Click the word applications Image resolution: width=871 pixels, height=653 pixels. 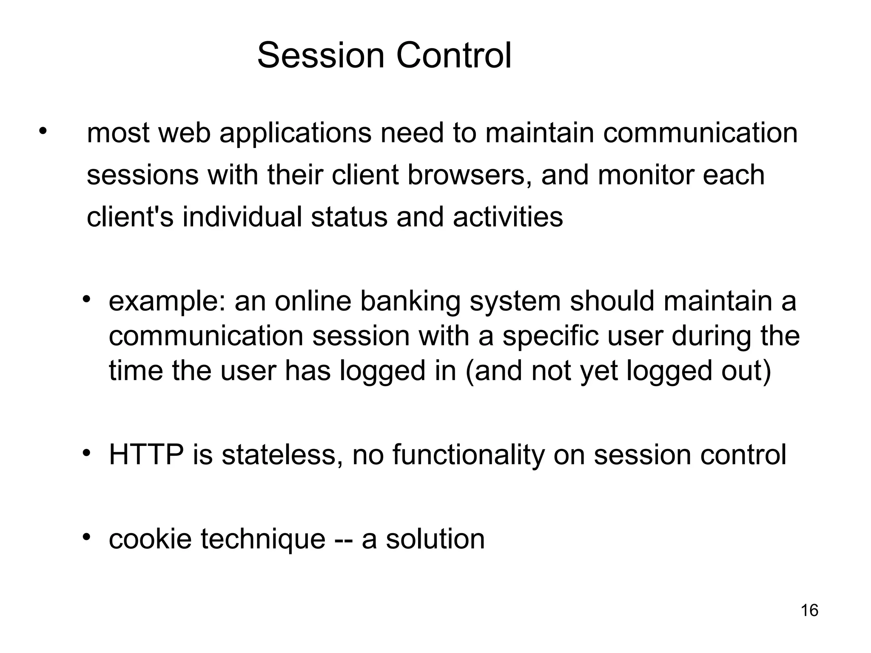[x=295, y=134]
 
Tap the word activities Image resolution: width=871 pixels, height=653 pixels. [x=508, y=216]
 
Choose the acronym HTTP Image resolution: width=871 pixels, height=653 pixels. [x=146, y=455]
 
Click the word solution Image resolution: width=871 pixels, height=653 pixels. [x=435, y=539]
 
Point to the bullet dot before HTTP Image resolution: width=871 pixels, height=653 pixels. [x=87, y=453]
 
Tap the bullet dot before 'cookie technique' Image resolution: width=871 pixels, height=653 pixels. [x=87, y=537]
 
